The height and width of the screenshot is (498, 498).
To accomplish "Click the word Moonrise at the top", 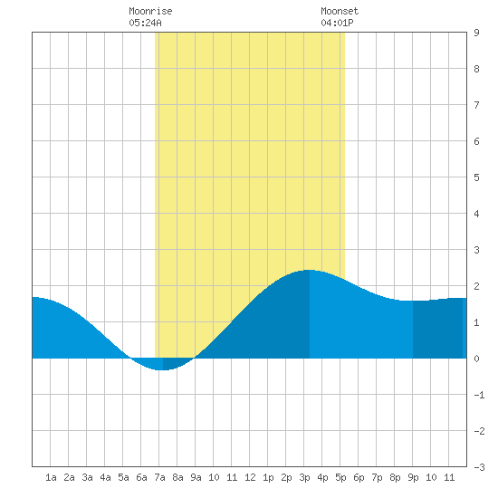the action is click(x=150, y=11).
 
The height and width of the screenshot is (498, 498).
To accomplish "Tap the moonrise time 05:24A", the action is click(x=145, y=23).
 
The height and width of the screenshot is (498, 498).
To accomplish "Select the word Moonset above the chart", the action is click(x=340, y=11).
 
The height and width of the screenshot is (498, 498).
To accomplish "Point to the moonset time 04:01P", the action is click(x=337, y=23).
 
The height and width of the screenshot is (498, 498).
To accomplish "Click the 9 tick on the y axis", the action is click(x=476, y=33).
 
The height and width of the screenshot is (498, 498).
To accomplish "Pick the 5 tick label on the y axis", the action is click(x=476, y=177).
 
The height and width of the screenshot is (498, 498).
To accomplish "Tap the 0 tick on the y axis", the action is click(x=476, y=359).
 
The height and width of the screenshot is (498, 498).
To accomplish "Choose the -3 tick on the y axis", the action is click(x=479, y=467).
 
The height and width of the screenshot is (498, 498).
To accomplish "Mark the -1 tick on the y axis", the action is click(x=479, y=395).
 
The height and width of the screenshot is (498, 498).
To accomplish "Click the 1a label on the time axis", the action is click(x=51, y=477).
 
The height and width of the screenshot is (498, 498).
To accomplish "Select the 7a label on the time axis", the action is click(x=159, y=477).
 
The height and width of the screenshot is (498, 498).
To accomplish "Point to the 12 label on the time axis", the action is click(x=250, y=477).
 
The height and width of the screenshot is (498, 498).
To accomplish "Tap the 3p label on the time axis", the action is click(x=304, y=477).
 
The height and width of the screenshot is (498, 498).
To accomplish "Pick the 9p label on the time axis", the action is click(x=413, y=477).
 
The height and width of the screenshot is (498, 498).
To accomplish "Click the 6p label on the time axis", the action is click(x=359, y=477).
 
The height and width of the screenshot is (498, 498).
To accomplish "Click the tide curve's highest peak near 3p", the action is click(x=309, y=270).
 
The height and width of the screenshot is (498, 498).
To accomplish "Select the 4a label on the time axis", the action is click(x=105, y=477).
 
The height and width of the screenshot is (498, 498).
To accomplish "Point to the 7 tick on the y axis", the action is click(x=476, y=105).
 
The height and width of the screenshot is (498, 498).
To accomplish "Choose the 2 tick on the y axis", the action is click(x=476, y=286).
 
